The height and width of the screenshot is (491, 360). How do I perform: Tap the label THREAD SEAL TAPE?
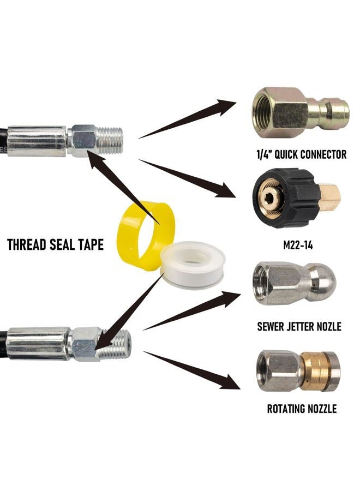click(56, 244)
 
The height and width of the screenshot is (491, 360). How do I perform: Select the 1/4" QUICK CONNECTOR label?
click(302, 154)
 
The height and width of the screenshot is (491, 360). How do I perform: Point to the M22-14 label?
click(298, 245)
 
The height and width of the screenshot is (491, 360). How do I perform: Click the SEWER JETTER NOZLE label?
click(299, 327)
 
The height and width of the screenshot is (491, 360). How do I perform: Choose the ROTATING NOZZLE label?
click(302, 409)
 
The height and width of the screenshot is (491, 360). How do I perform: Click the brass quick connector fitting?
click(301, 112)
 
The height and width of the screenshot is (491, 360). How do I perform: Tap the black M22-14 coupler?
click(296, 198)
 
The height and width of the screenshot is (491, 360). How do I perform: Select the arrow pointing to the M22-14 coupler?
click(187, 178)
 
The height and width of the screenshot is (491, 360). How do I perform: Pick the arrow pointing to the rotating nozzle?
click(191, 370)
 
